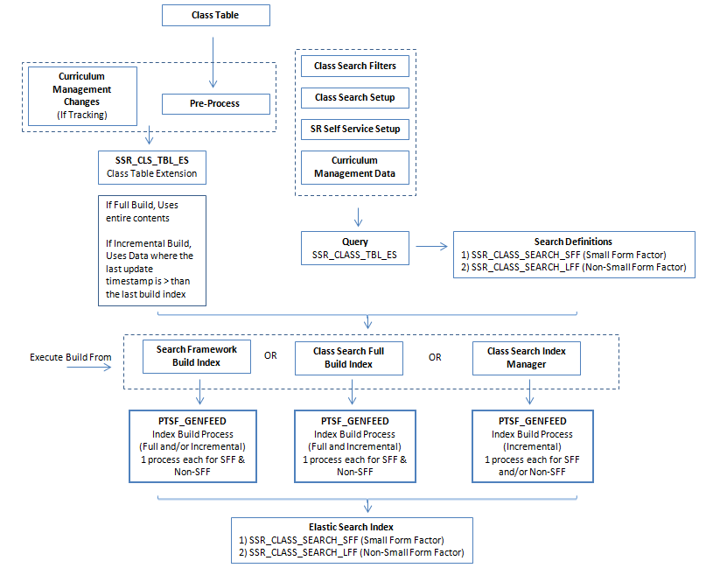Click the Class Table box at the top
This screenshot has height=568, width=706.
[215, 15]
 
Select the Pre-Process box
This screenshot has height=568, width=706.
[214, 103]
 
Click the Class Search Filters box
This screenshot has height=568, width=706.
[354, 66]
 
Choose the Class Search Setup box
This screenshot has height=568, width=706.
[354, 97]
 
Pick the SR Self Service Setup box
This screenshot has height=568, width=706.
[354, 129]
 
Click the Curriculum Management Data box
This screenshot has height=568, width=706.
[354, 167]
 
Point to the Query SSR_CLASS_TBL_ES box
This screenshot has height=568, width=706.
[354, 248]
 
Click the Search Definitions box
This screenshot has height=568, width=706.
[573, 255]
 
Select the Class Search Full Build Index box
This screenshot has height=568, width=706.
[348, 356]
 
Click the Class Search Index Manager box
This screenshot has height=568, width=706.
[526, 357]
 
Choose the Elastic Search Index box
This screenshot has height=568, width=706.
[353, 540]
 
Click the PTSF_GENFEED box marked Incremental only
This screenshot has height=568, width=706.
[526, 445]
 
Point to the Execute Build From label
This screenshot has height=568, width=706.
[70, 357]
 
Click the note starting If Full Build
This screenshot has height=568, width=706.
[152, 249]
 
